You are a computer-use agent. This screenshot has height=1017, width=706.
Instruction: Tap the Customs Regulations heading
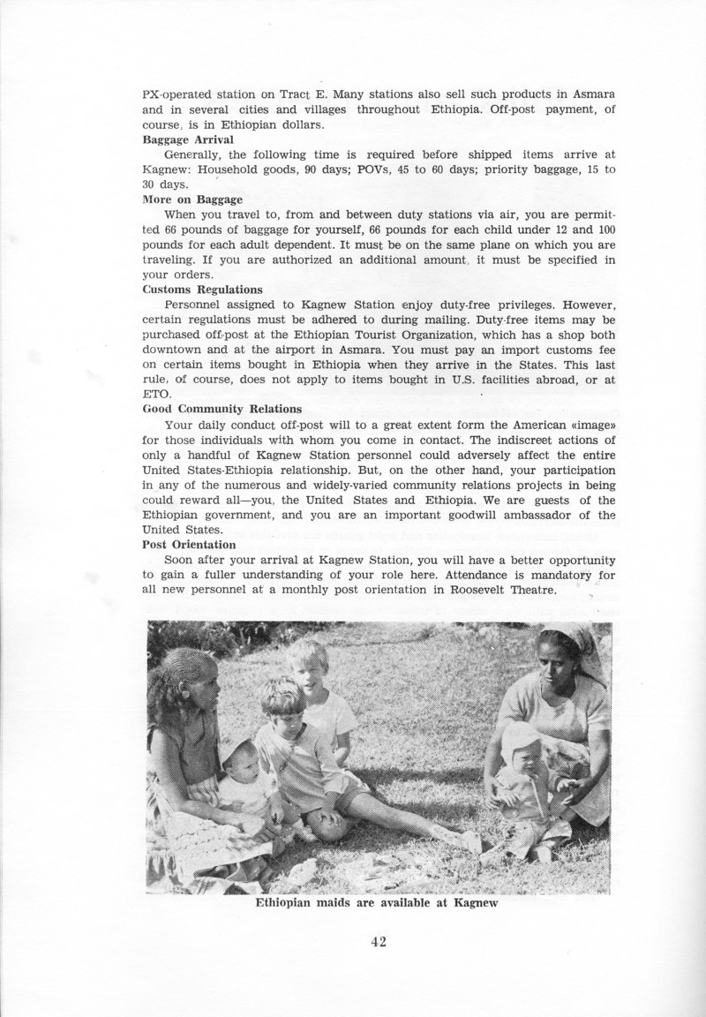point(202,289)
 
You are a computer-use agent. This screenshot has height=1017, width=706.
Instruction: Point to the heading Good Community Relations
point(222,409)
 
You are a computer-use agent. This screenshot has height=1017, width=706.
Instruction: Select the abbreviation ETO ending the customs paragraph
point(154,395)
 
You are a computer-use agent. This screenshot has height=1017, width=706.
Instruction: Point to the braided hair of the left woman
point(176,671)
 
